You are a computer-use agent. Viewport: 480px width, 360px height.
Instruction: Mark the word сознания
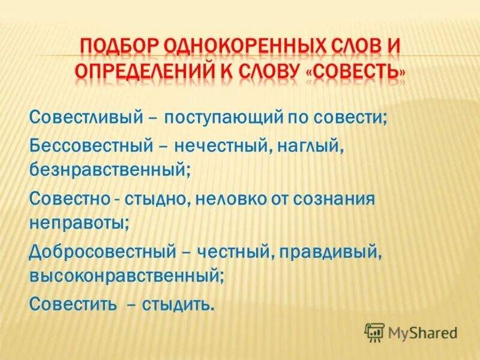(x=335, y=200)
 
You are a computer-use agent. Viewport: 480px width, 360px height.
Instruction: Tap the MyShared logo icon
(x=374, y=331)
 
